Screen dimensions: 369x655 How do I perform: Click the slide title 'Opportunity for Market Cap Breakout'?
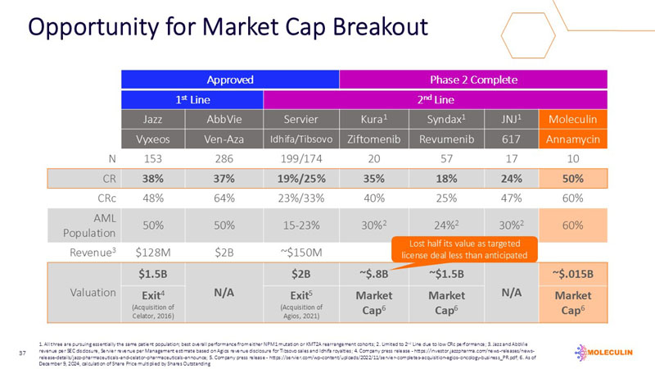click(228, 26)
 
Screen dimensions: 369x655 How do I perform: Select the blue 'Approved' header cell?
click(229, 80)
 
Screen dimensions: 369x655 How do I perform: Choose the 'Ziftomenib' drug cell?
click(373, 140)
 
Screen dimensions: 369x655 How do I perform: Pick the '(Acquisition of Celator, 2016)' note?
click(156, 312)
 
